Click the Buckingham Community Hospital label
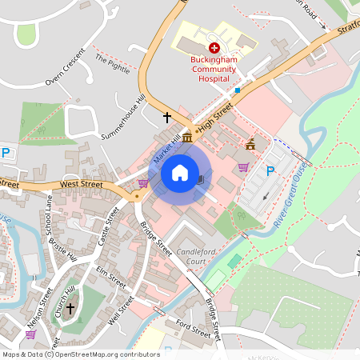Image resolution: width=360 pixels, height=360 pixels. [214, 69]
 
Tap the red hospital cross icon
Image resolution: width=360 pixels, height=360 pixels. [214, 49]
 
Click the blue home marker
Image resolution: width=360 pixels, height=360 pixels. [180, 173]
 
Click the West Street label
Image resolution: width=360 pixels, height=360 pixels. [81, 184]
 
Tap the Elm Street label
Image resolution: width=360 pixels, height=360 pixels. [111, 278]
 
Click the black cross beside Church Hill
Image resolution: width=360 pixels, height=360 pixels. [70, 308]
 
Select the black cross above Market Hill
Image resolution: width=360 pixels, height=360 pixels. [167, 118]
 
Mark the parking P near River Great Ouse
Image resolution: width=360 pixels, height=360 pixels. [270, 170]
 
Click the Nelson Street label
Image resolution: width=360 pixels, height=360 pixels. [36, 322]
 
